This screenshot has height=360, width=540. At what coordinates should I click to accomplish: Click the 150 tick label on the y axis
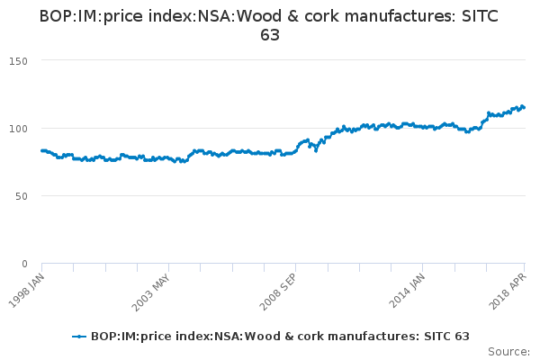point(19,61)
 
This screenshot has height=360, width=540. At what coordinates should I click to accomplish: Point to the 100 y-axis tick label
point(19,129)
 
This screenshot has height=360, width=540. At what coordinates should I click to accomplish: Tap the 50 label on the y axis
point(22,196)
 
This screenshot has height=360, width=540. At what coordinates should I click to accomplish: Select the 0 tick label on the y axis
point(24,264)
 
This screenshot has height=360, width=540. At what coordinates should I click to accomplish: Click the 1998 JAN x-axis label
point(27,291)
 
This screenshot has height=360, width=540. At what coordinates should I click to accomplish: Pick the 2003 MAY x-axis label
point(151,292)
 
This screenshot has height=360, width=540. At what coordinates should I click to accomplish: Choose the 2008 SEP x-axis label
point(278,292)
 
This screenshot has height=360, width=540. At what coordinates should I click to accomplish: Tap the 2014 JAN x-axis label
point(408,291)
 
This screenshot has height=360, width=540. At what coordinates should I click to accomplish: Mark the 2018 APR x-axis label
point(508,291)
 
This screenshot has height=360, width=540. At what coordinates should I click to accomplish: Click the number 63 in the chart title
point(270,35)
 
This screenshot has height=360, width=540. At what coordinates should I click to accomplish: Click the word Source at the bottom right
point(508,352)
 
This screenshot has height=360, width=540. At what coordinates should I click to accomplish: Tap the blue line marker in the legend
point(79,337)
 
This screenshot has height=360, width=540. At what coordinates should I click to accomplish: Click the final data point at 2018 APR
point(524,108)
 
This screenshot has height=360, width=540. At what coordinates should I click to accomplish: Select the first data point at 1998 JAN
point(42,150)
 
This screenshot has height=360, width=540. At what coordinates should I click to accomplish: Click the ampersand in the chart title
point(292,16)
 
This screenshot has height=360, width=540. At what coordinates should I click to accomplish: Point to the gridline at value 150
point(283,60)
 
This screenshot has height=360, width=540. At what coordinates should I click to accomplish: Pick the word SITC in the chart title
point(480,16)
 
